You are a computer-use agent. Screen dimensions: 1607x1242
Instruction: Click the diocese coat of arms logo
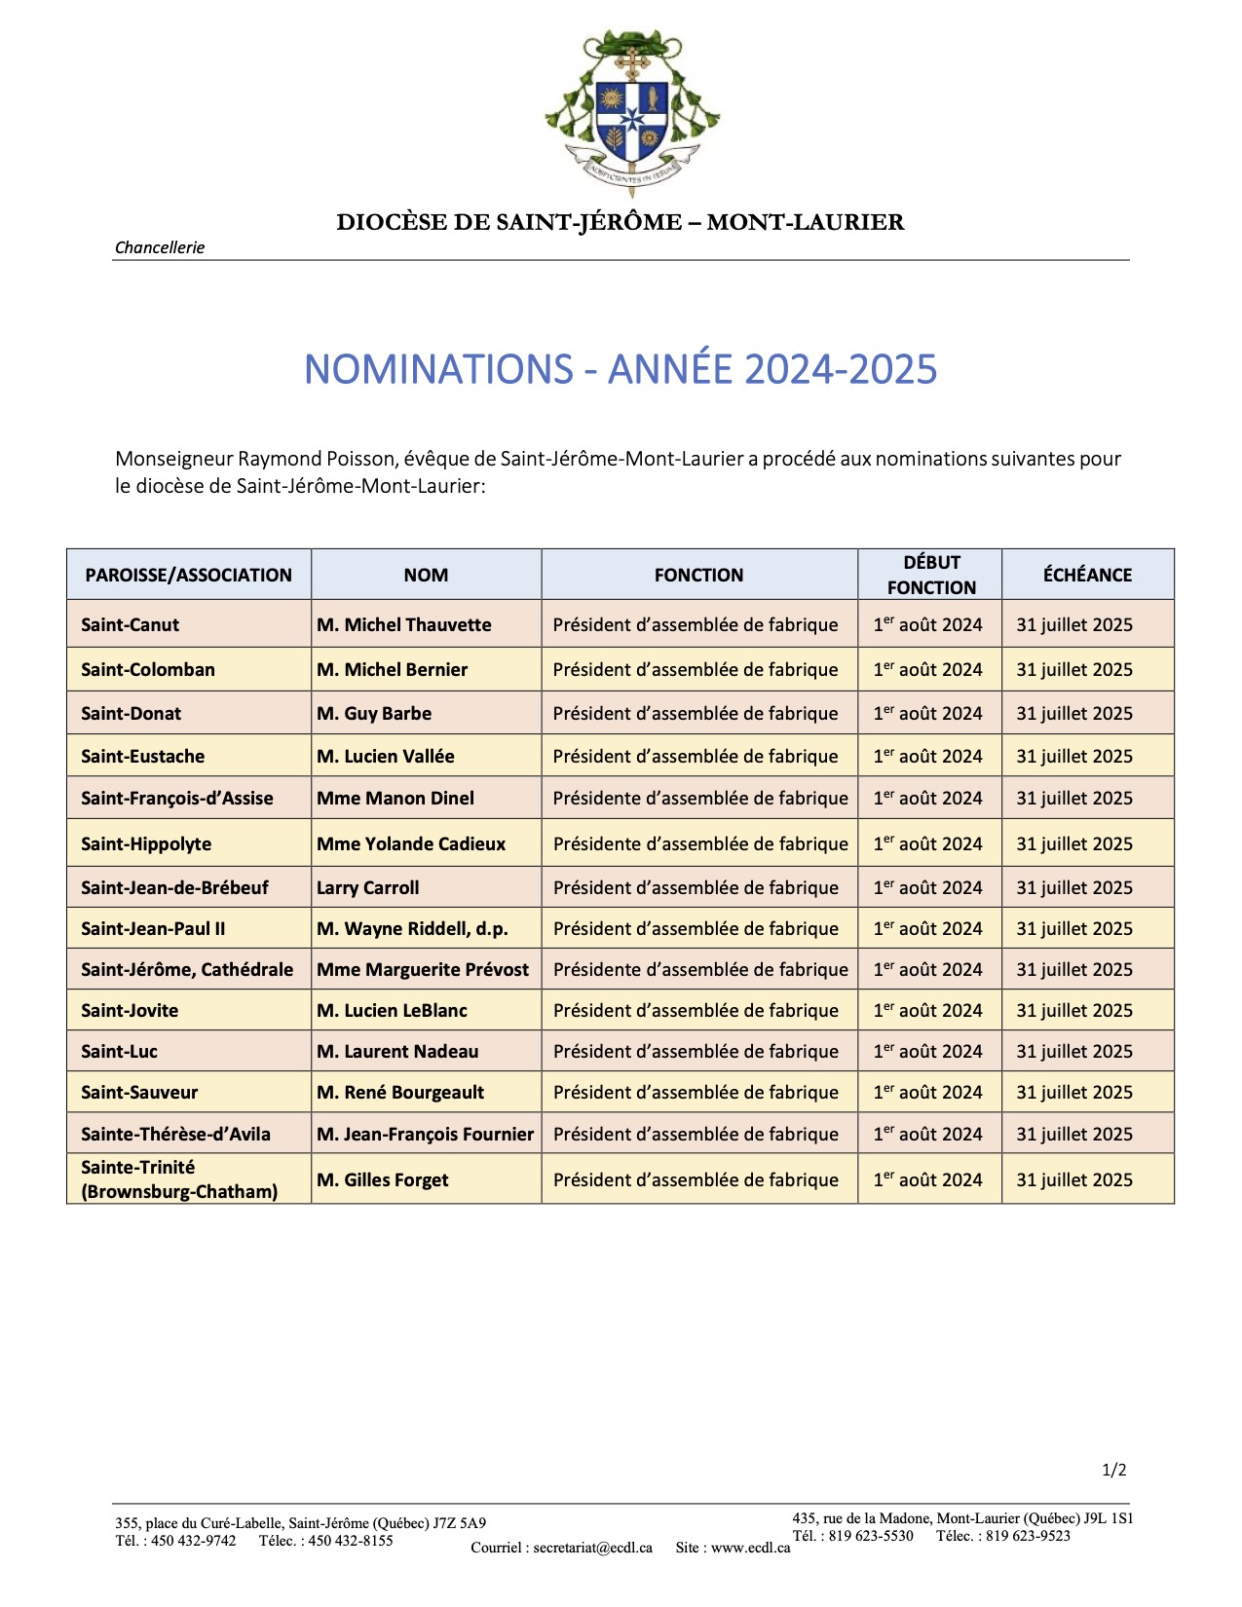point(631,113)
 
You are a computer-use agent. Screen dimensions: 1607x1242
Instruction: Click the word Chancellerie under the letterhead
point(160,247)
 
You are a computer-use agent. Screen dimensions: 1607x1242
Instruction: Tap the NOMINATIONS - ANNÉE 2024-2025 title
point(621,369)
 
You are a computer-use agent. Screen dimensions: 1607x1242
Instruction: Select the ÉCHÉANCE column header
point(1087,575)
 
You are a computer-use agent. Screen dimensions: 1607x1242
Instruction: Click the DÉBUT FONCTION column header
point(930,575)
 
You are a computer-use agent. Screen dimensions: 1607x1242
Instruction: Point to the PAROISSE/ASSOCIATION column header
point(189,575)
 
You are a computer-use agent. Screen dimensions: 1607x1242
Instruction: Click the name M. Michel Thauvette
point(404,625)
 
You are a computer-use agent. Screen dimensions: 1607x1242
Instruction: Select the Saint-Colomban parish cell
point(148,670)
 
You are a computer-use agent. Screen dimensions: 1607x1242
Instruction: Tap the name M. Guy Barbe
point(374,714)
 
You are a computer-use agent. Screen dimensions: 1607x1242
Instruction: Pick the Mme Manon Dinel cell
point(395,799)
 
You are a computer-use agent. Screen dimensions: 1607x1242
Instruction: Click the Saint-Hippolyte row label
point(146,844)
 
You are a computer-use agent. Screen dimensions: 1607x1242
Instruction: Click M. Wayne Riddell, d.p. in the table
point(412,929)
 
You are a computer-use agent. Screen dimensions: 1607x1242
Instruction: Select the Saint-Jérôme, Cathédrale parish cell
point(187,970)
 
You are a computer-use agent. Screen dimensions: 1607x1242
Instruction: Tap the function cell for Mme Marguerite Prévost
point(700,970)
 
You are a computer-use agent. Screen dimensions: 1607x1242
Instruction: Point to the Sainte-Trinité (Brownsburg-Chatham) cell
point(179,1179)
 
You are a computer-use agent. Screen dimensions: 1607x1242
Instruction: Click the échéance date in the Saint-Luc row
point(1074,1052)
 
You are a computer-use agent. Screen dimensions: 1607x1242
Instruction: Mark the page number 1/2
point(1113,1471)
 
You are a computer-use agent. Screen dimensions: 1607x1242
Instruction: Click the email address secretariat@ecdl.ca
point(592,1548)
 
